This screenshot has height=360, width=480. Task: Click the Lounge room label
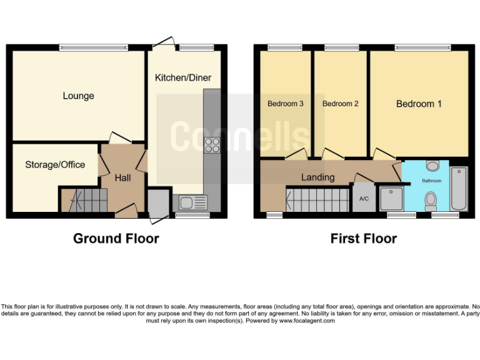coord(78,96)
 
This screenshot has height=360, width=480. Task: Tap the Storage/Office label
coord(55,164)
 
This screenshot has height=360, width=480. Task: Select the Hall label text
coord(122,178)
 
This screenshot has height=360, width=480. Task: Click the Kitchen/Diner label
coord(183,78)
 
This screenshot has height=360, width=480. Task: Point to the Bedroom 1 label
coord(419,104)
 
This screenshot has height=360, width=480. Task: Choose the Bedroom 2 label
coord(340,104)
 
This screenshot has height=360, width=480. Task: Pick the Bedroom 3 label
coord(286,104)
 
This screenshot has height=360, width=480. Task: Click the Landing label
coord(317,177)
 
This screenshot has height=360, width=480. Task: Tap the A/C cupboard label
coord(364,199)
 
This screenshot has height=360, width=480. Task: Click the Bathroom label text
coord(431,181)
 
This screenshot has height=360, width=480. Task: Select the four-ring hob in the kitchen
coord(212,145)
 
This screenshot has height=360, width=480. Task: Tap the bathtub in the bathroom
coord(459,189)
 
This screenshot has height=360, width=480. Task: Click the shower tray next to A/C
coord(388,199)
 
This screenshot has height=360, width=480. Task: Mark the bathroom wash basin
coord(432,166)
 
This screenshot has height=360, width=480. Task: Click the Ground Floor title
coord(116,238)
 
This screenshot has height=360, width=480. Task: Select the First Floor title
coord(363,238)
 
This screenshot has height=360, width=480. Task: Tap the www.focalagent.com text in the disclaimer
coord(307,321)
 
